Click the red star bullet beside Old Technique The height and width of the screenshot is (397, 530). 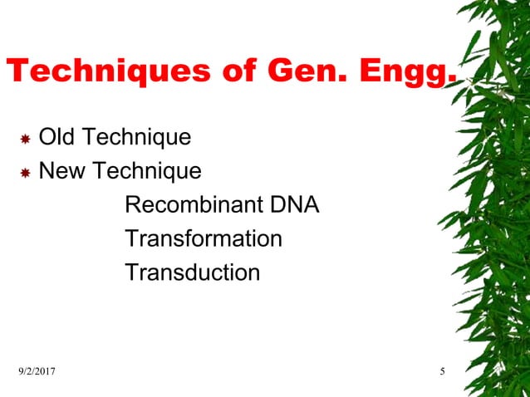coord(25,138)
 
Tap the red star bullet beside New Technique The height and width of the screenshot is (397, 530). coord(25,173)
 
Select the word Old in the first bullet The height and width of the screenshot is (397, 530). coord(56,137)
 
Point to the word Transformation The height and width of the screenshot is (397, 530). coord(204,239)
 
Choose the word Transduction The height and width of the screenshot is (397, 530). coord(192,272)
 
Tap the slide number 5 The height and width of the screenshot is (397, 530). coord(443,371)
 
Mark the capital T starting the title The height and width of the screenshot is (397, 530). coord(17,71)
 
